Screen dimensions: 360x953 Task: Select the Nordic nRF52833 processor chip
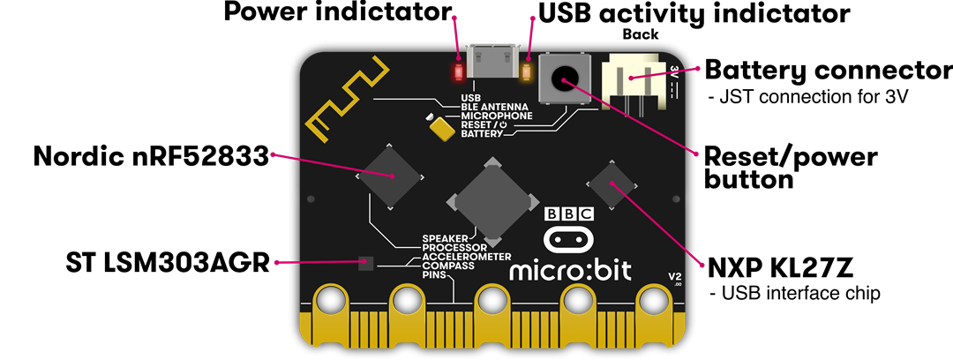point(390,176)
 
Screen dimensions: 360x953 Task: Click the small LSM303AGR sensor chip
point(367,263)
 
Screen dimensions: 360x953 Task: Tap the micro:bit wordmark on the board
point(570,268)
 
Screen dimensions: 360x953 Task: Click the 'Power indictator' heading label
point(337,13)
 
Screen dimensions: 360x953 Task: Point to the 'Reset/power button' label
point(790,168)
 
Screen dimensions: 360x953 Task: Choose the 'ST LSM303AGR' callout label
point(168,262)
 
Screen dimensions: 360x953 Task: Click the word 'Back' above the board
point(640,34)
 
